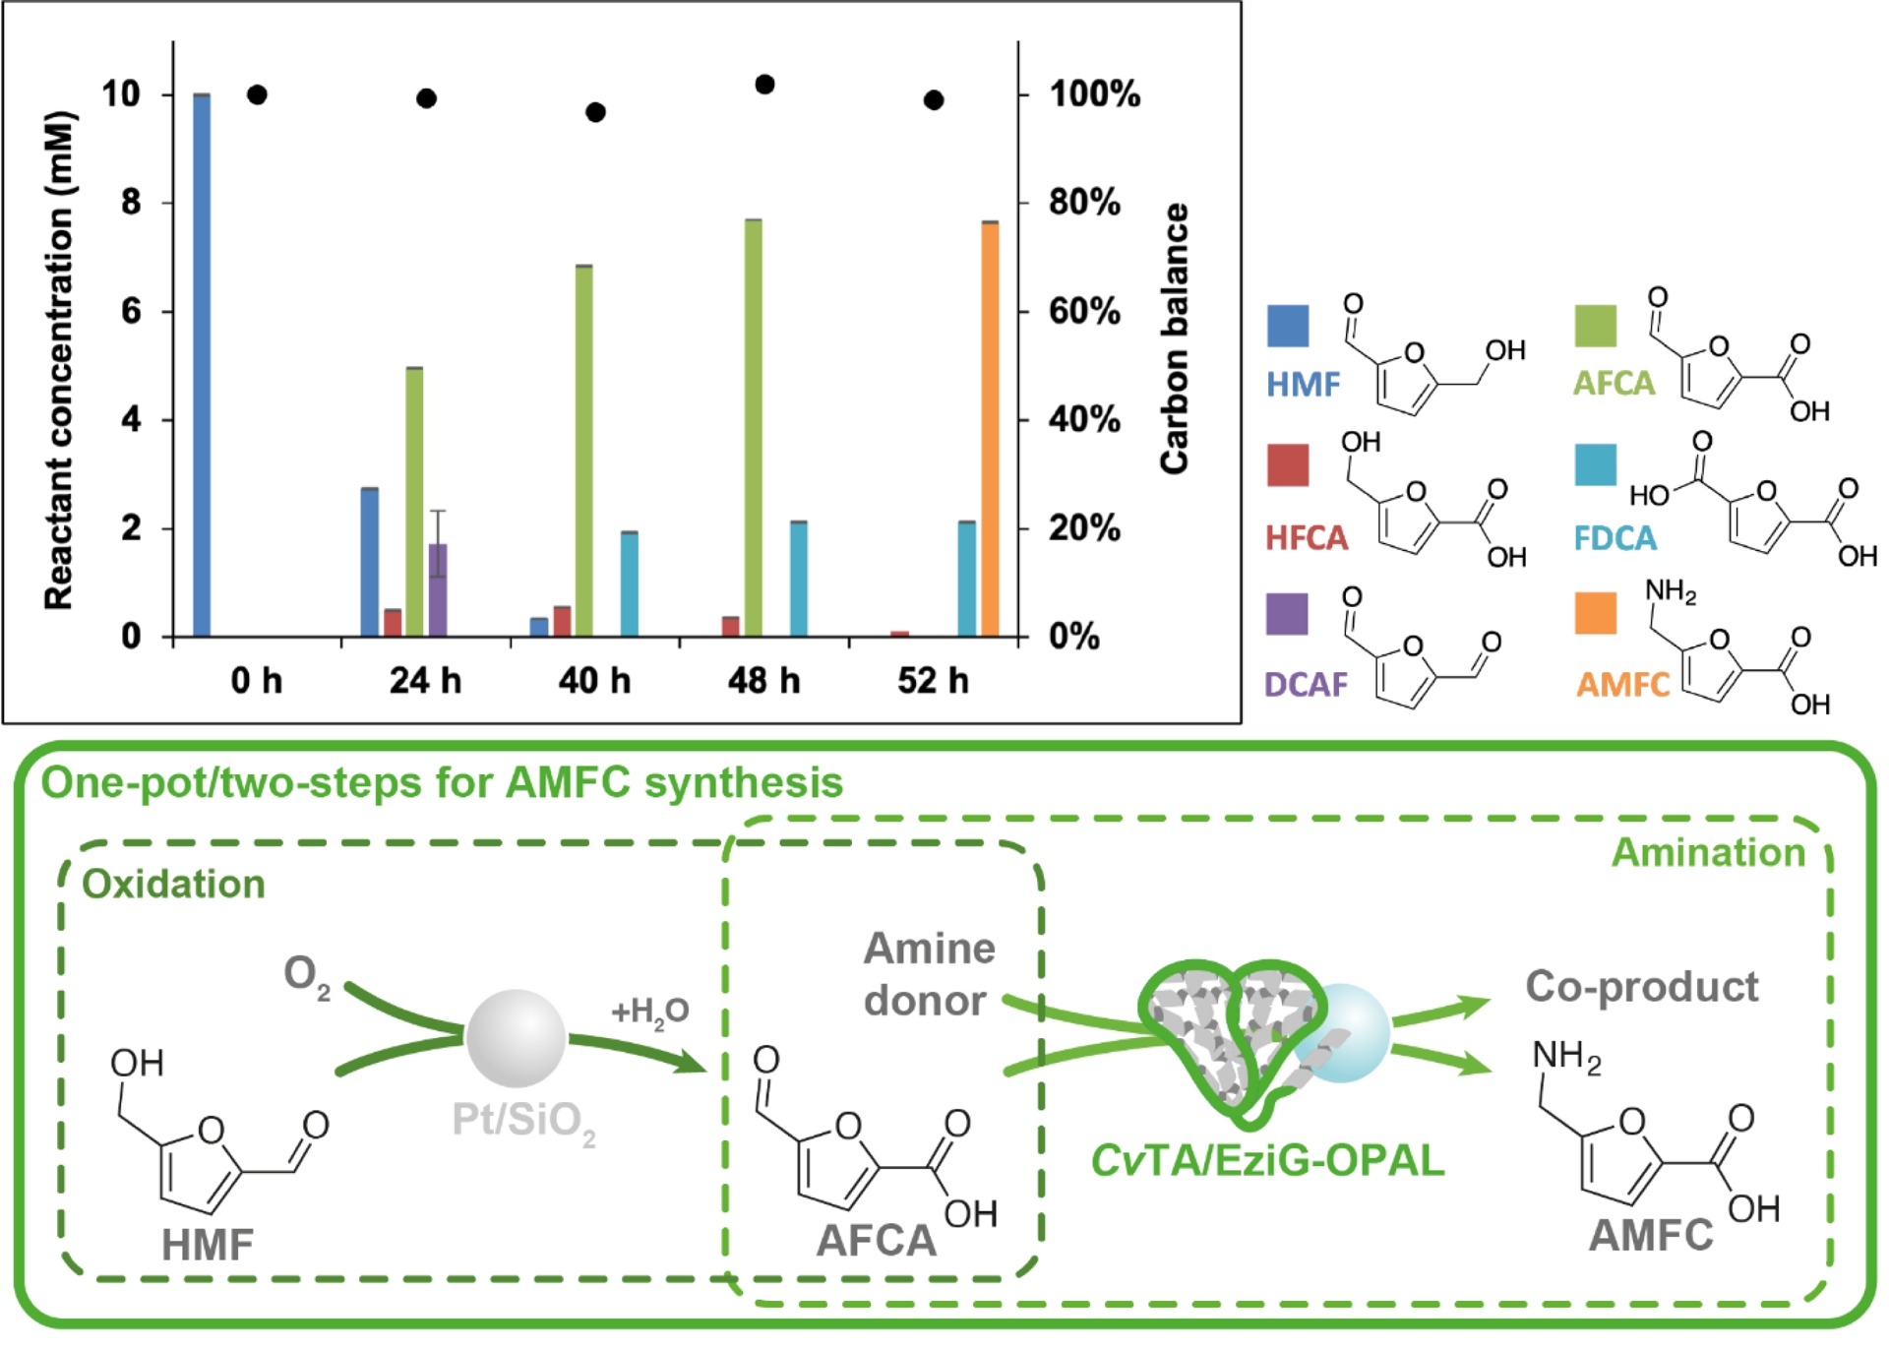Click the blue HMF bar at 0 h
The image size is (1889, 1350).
(x=202, y=365)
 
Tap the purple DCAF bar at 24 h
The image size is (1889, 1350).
(x=438, y=590)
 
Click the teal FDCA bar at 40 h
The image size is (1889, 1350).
(x=630, y=584)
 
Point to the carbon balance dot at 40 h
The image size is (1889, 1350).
(x=595, y=112)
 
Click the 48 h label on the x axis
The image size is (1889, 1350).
(x=763, y=681)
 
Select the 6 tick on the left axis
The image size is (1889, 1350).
(x=132, y=312)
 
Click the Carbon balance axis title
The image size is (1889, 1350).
(x=1175, y=338)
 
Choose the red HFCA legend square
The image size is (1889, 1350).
(x=1288, y=465)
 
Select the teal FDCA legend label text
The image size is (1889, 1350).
(x=1615, y=538)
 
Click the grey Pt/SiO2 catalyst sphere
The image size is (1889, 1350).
(x=516, y=1038)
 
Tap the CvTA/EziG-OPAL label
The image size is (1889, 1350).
(x=1267, y=1161)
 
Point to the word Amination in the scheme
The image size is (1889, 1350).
(x=1708, y=853)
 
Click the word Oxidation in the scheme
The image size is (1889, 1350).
(x=173, y=885)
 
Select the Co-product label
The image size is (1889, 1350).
(x=1641, y=987)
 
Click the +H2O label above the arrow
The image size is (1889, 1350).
(x=650, y=1011)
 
